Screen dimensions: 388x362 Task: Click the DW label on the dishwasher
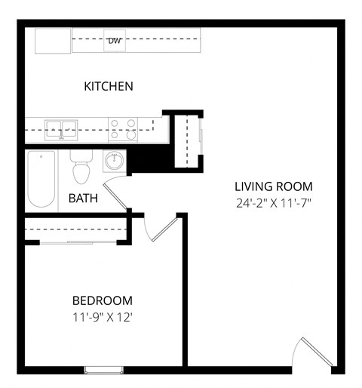[x=115, y=40]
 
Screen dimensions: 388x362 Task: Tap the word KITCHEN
[x=109, y=86]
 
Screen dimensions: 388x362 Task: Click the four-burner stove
[x=123, y=129]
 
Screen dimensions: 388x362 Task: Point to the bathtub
[x=42, y=180]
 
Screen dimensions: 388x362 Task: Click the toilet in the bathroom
[x=81, y=168]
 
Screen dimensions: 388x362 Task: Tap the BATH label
[x=82, y=199]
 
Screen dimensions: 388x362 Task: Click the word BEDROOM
[x=103, y=300]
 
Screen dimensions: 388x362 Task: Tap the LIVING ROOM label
[x=273, y=186]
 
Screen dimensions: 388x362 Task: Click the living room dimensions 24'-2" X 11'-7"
[x=273, y=202]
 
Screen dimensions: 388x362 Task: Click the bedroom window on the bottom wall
[x=104, y=368]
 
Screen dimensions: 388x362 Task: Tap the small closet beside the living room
[x=186, y=140]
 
